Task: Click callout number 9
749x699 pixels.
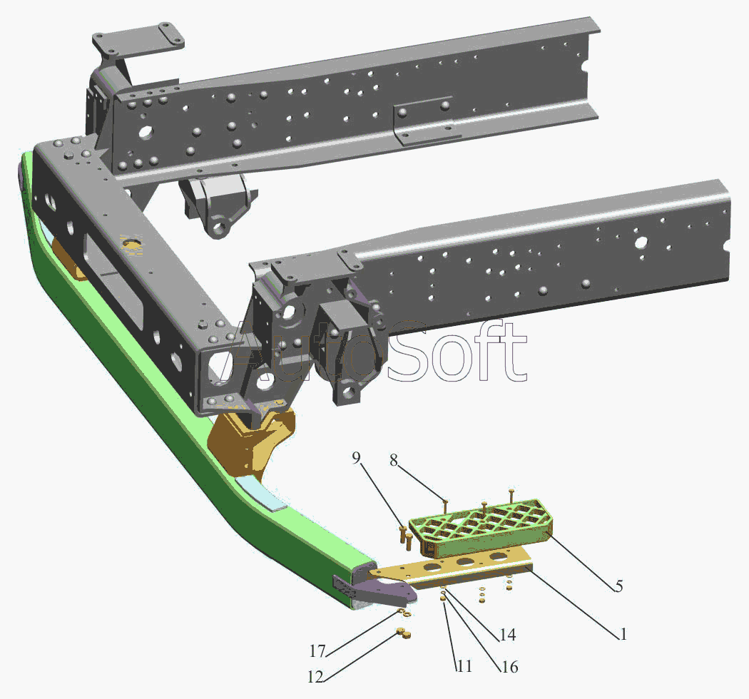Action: tap(357, 458)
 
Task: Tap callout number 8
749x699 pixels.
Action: tap(394, 460)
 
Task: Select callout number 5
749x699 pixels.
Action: tap(618, 586)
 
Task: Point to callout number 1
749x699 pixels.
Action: tap(623, 634)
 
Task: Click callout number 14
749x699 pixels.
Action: tap(508, 635)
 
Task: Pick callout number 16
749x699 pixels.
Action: tap(510, 666)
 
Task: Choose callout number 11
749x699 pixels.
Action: tap(465, 665)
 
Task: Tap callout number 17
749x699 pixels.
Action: tap(317, 650)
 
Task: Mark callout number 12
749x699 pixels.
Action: tap(315, 677)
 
